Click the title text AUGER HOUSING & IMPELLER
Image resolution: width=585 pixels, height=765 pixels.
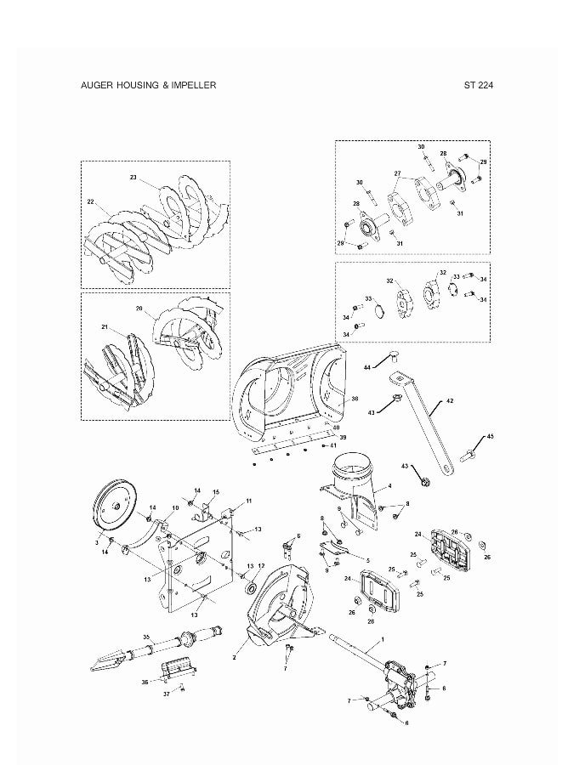point(148,86)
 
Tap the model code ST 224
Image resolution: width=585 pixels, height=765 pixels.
point(480,86)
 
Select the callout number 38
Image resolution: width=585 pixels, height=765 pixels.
point(355,399)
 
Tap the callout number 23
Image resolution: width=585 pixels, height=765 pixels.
point(133,178)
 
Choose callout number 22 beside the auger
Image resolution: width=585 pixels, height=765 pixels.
point(91,202)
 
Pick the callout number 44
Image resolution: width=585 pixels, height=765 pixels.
point(367,367)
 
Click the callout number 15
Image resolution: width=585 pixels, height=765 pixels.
point(215,492)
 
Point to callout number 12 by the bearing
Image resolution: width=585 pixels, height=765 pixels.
point(262,566)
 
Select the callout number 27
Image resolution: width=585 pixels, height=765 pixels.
point(396,173)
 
